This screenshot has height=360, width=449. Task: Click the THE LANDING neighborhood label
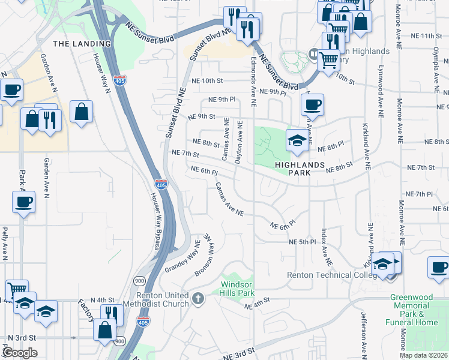click(x=82, y=44)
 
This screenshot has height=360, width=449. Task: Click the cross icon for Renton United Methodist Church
click(x=199, y=297)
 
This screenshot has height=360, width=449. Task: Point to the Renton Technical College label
click(x=328, y=275)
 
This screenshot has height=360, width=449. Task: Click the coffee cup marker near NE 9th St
click(x=311, y=104)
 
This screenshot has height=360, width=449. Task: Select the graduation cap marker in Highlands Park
click(x=297, y=140)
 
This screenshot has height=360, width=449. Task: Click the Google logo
click(x=19, y=353)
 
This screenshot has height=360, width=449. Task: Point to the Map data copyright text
click(x=424, y=355)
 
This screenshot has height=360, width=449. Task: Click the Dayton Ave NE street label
click(x=240, y=142)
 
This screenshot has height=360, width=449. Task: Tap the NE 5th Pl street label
click(x=302, y=242)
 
